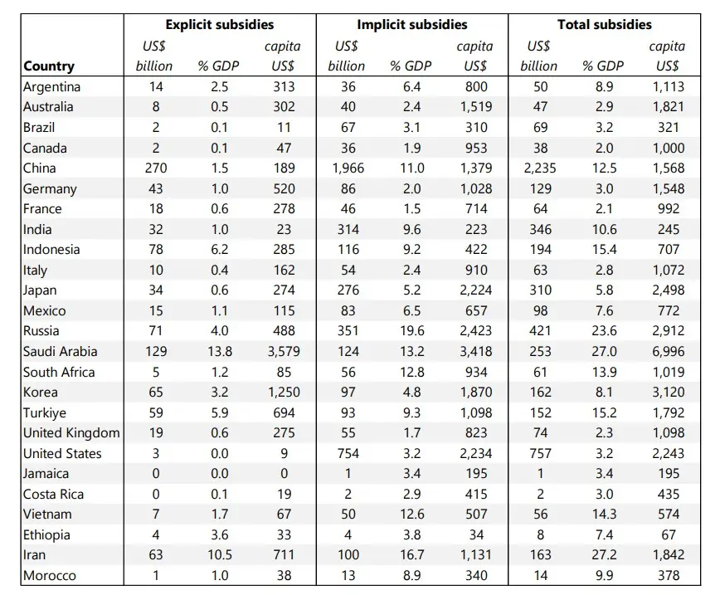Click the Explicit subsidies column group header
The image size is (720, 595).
pyautogui.click(x=220, y=24)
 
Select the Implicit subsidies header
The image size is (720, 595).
pyautogui.click(x=412, y=24)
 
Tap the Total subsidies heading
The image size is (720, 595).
pyautogui.click(x=604, y=24)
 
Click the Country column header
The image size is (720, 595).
pyautogui.click(x=49, y=66)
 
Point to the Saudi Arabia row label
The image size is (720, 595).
pyautogui.click(x=61, y=352)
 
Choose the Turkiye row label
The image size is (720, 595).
pyautogui.click(x=45, y=412)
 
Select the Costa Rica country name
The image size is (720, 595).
pyautogui.click(x=53, y=495)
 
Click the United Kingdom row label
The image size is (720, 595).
pyautogui.click(x=71, y=433)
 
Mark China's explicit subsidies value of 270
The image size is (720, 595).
pyautogui.click(x=156, y=168)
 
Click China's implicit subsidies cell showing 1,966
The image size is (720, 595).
pyautogui.click(x=348, y=168)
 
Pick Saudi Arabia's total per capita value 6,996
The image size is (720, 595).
pyautogui.click(x=668, y=352)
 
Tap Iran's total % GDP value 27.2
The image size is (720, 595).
pyautogui.click(x=604, y=555)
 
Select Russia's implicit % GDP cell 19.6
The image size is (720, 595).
pyautogui.click(x=412, y=331)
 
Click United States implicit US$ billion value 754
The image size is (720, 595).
pyautogui.click(x=348, y=453)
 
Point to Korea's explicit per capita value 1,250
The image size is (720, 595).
pyautogui.click(x=284, y=393)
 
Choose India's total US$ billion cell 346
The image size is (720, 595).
pyautogui.click(x=541, y=229)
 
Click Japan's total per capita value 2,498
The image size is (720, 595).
pyautogui.click(x=668, y=290)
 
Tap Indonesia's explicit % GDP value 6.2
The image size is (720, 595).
pyautogui.click(x=220, y=250)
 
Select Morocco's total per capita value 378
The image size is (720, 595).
pyautogui.click(x=668, y=576)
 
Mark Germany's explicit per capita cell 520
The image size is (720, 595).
pyautogui.click(x=284, y=189)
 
